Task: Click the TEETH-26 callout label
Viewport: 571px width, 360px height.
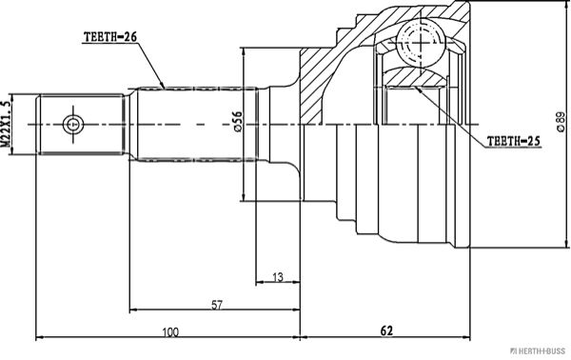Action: pyautogui.click(x=110, y=37)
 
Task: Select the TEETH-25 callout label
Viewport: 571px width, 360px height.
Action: pyautogui.click(x=514, y=141)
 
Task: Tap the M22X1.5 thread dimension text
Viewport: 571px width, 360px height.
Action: pyautogui.click(x=7, y=124)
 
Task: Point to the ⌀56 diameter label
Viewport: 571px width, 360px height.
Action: pyautogui.click(x=237, y=121)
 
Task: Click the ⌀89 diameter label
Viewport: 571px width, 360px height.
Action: pyautogui.click(x=561, y=121)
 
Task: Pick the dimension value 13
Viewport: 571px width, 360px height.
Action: pyautogui.click(x=278, y=277)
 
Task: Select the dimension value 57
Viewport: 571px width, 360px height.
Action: pyautogui.click(x=216, y=305)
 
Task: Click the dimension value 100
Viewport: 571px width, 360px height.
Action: pyautogui.click(x=170, y=332)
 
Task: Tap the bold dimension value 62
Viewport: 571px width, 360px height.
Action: pyautogui.click(x=386, y=330)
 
